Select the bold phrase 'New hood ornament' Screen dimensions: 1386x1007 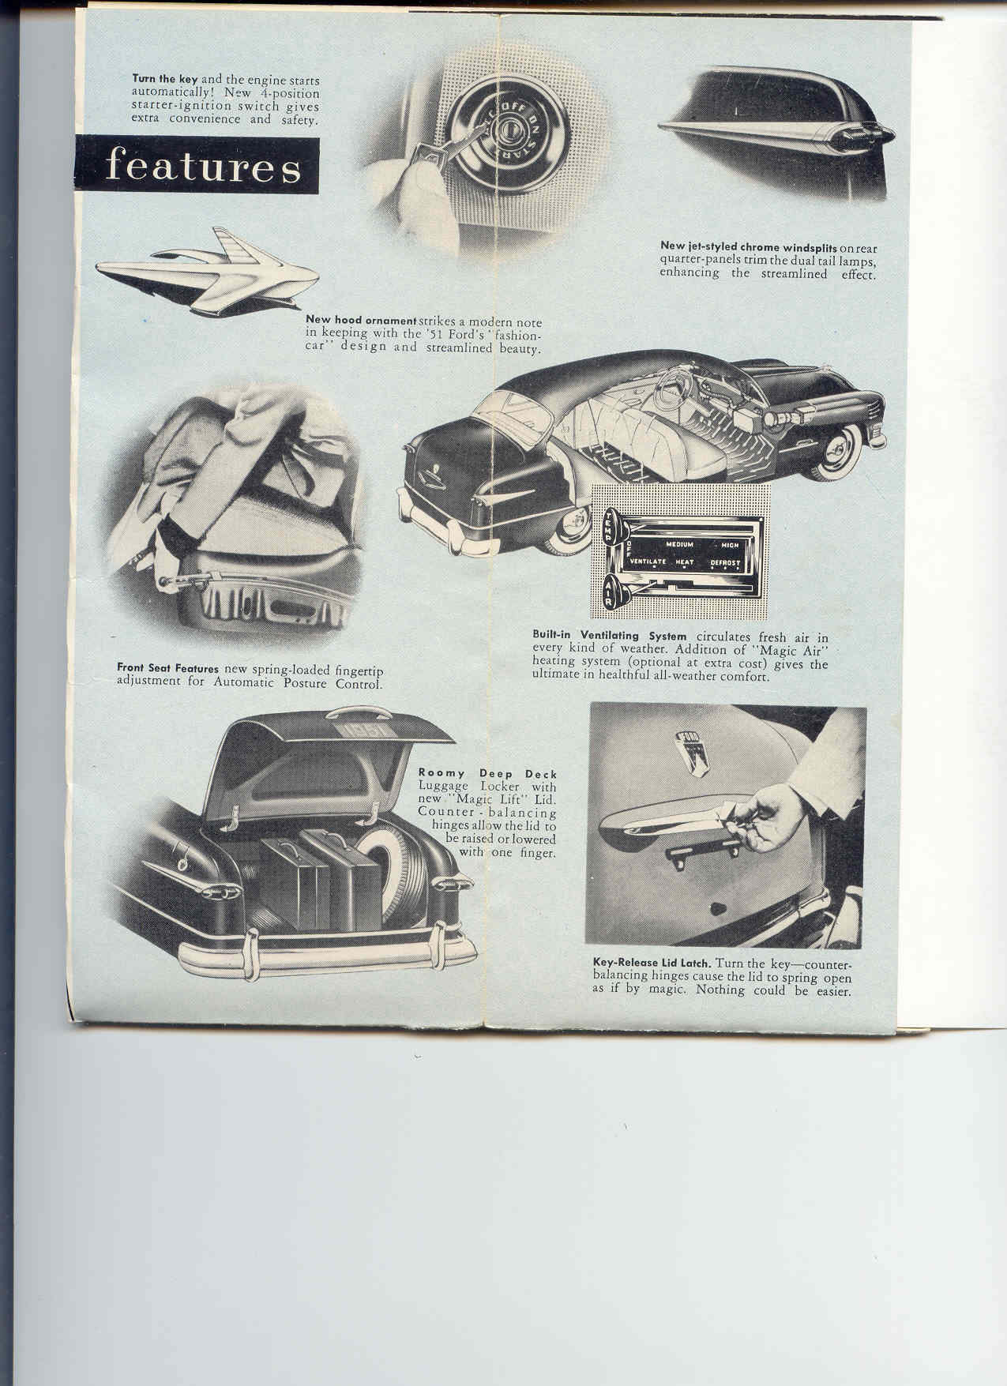tap(361, 320)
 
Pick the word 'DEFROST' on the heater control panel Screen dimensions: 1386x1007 tap(724, 562)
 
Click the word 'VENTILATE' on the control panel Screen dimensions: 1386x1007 tap(648, 562)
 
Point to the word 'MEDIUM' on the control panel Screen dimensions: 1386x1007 tap(678, 545)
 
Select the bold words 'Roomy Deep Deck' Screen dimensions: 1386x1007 tap(487, 773)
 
